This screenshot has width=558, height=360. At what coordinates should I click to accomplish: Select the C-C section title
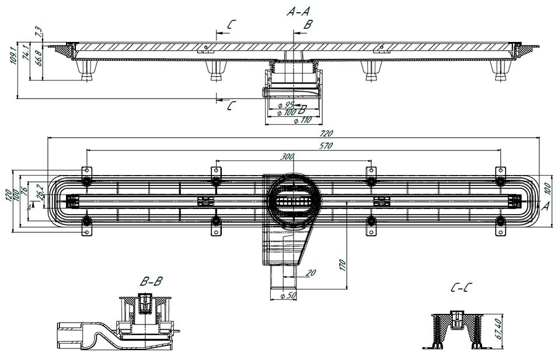click(x=461, y=287)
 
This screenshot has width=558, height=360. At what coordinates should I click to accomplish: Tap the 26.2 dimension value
click(x=40, y=192)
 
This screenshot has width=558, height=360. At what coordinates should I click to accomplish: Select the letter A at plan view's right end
click(x=545, y=206)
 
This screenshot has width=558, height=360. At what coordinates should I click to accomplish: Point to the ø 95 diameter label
click(x=286, y=105)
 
